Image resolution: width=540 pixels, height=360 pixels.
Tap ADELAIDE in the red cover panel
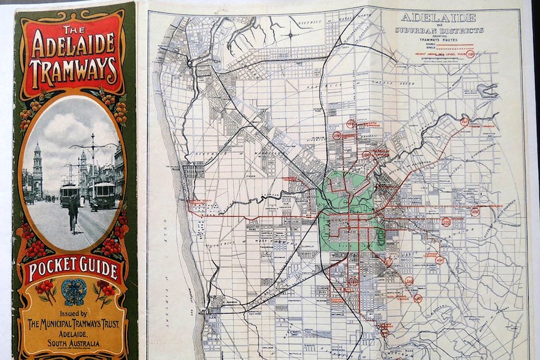(x=74, y=45)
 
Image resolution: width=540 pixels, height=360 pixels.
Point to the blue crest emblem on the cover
(x=73, y=292)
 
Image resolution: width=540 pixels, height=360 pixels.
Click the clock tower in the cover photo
(x=37, y=169)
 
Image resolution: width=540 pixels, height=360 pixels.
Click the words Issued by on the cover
(x=73, y=314)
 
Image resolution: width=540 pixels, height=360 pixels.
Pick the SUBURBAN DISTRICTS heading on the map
(x=439, y=29)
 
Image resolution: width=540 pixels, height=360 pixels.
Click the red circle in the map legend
(x=470, y=54)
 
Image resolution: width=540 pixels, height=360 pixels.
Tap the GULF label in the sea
(x=165, y=225)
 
